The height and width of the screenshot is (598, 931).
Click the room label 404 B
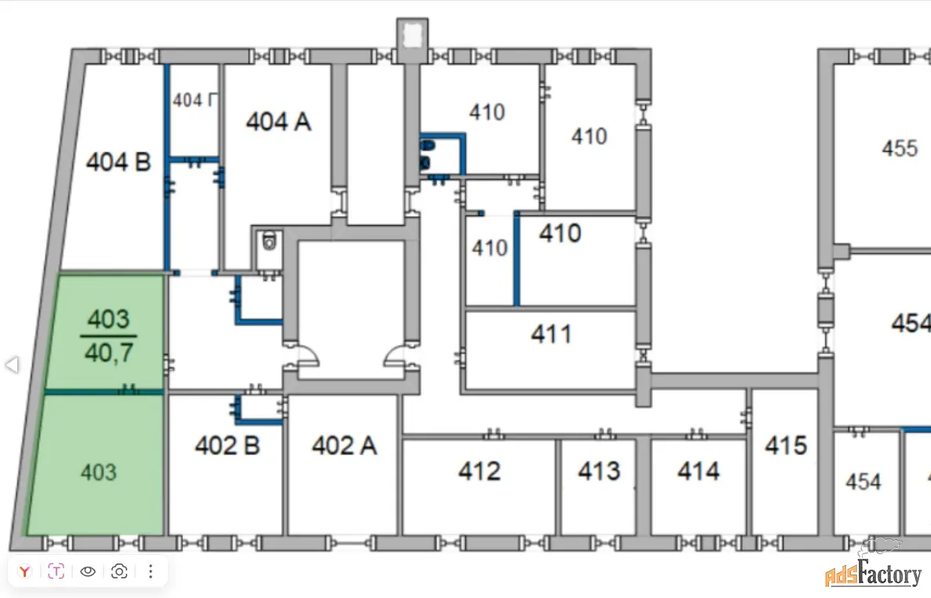(x=118, y=162)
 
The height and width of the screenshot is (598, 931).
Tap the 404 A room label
(x=279, y=122)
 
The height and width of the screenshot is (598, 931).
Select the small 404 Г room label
(x=195, y=100)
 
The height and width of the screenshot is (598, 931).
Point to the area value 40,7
(x=108, y=353)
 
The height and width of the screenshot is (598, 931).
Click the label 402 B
(x=227, y=446)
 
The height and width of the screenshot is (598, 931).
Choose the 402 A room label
(x=344, y=446)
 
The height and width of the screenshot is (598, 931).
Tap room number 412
(x=479, y=471)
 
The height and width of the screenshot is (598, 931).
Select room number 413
(x=599, y=471)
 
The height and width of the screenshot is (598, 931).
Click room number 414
(x=698, y=471)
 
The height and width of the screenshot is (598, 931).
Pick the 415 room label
(x=786, y=446)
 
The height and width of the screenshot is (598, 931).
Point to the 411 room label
(x=551, y=334)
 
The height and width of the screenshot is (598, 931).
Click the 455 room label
(x=900, y=148)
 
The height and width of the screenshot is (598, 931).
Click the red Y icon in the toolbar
(x=25, y=571)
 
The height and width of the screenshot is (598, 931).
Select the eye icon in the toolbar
(x=88, y=571)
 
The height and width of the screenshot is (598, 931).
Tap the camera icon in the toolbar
(x=119, y=571)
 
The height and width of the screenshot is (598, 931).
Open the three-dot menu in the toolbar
(x=151, y=571)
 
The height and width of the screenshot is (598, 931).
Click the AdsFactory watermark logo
(x=873, y=574)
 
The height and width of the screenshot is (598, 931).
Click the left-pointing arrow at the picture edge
(x=11, y=364)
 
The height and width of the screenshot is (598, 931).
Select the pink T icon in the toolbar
(x=57, y=571)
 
